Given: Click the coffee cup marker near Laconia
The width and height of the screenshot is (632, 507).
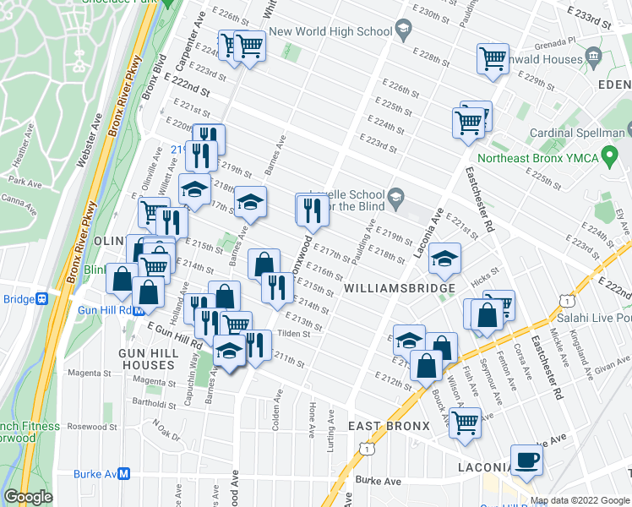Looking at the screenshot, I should (526, 461).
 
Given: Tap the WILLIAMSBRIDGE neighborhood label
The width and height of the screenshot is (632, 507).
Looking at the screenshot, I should (400, 289).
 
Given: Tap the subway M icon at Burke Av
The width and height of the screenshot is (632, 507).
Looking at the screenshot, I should (123, 474).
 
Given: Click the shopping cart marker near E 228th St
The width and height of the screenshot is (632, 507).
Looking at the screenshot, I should (493, 59).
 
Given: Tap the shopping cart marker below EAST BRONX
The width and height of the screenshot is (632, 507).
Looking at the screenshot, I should (465, 423).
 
